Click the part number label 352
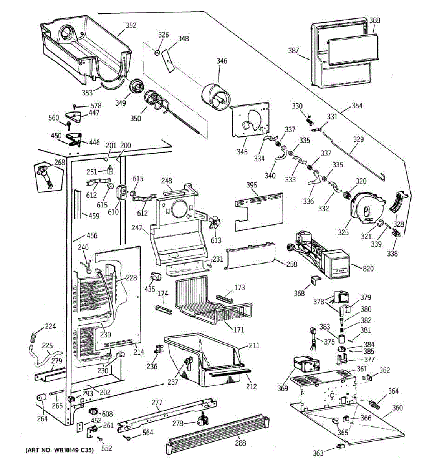pos(131,26)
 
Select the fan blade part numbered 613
pos(214,224)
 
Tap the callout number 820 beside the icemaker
pos(367,269)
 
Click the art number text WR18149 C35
pos(59,450)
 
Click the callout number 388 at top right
pos(374,20)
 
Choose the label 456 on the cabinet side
pos(92,235)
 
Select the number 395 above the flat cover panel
pos(252,185)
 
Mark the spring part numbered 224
pos(34,336)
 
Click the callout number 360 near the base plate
pos(397,407)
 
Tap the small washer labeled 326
pos(158,53)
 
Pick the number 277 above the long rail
pos(157,402)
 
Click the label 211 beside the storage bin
pos(254,345)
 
